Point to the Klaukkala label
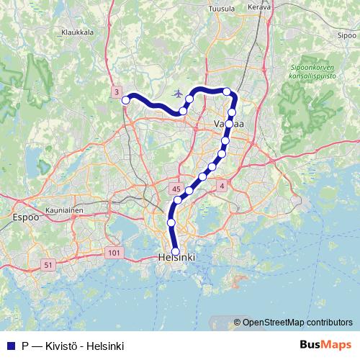pyautogui.click(x=78, y=32)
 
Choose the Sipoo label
pyautogui.click(x=346, y=34)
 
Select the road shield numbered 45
pyautogui.click(x=176, y=189)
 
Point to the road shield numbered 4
pyautogui.click(x=222, y=186)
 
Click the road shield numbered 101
pyautogui.click(x=114, y=253)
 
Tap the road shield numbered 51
pyautogui.click(x=48, y=266)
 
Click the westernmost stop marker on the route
pyautogui.click(x=125, y=100)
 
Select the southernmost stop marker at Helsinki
pyautogui.click(x=175, y=251)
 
